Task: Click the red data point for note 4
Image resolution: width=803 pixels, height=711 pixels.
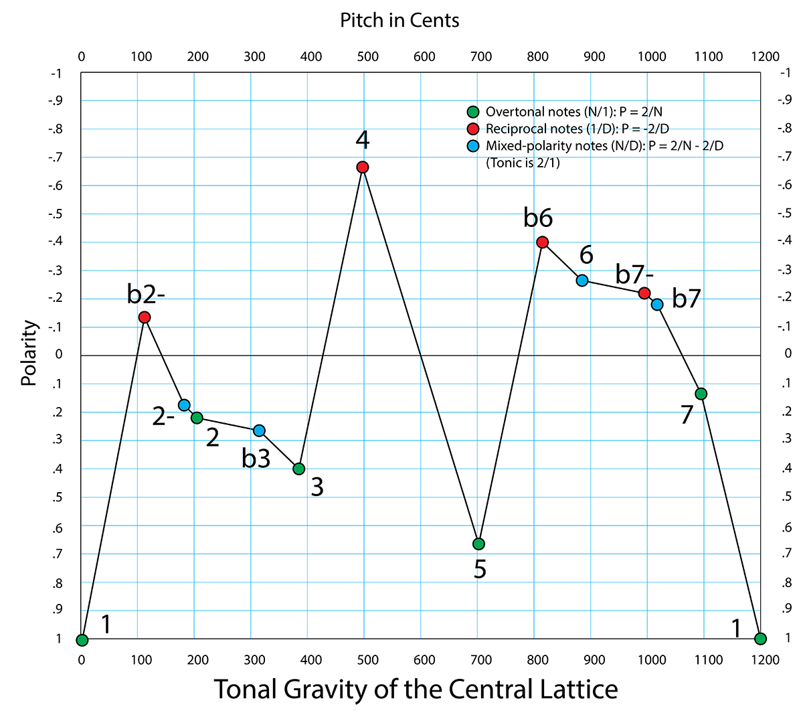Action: [x=363, y=167]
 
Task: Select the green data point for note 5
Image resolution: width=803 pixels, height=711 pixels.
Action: [x=478, y=544]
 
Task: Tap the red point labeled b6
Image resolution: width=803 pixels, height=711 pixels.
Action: [x=543, y=242]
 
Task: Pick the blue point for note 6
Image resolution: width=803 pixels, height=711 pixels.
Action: [x=582, y=281]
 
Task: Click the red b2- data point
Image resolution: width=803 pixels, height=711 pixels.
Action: [x=145, y=317]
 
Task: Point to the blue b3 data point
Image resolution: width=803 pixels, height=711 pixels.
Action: [x=259, y=430]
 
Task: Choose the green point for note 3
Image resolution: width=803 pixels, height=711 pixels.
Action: [x=299, y=469]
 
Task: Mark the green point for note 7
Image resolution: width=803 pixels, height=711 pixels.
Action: [x=701, y=394]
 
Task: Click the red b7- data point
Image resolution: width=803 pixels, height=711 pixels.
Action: [x=644, y=293]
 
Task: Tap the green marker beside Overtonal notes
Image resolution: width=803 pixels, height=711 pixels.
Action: [x=473, y=112]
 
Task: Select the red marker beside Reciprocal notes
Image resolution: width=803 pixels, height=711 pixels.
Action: [x=473, y=129]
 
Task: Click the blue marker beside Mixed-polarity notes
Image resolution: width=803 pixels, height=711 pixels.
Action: [x=473, y=145]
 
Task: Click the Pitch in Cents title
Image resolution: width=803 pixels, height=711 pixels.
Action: [x=399, y=20]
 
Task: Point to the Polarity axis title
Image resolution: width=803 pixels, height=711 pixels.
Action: [x=28, y=353]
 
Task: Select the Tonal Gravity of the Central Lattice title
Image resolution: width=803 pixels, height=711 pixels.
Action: [x=416, y=689]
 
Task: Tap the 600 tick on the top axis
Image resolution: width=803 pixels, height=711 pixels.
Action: [x=424, y=56]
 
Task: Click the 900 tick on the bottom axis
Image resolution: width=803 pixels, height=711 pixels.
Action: [x=594, y=659]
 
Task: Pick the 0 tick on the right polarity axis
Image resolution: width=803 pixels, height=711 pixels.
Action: [x=788, y=354]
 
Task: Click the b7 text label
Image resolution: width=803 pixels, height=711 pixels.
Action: [x=686, y=299]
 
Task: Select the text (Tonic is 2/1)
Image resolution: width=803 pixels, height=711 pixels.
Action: [x=523, y=163]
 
